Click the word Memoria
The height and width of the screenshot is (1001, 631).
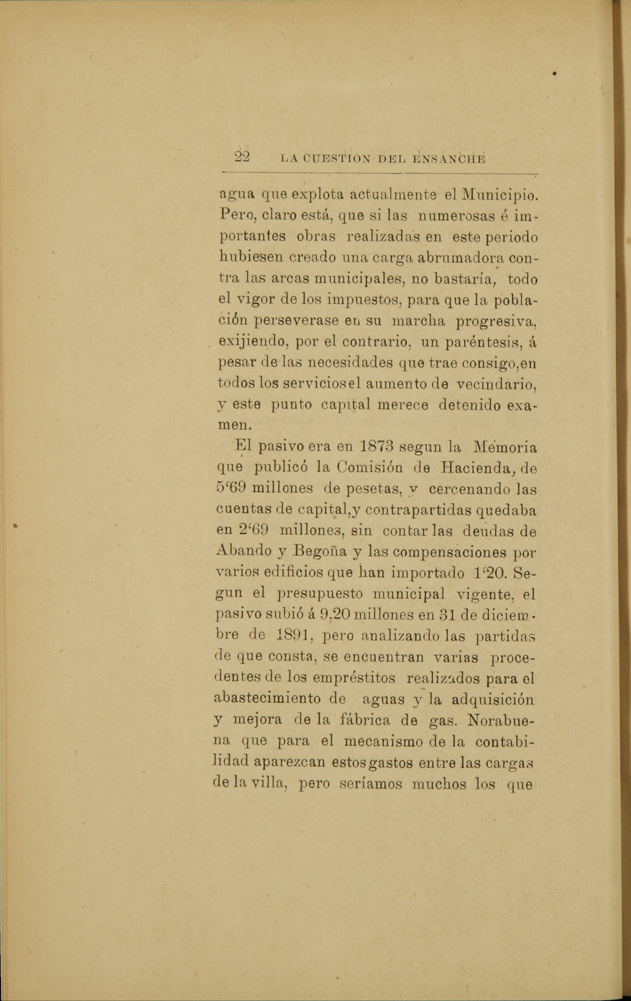pos(505,447)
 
